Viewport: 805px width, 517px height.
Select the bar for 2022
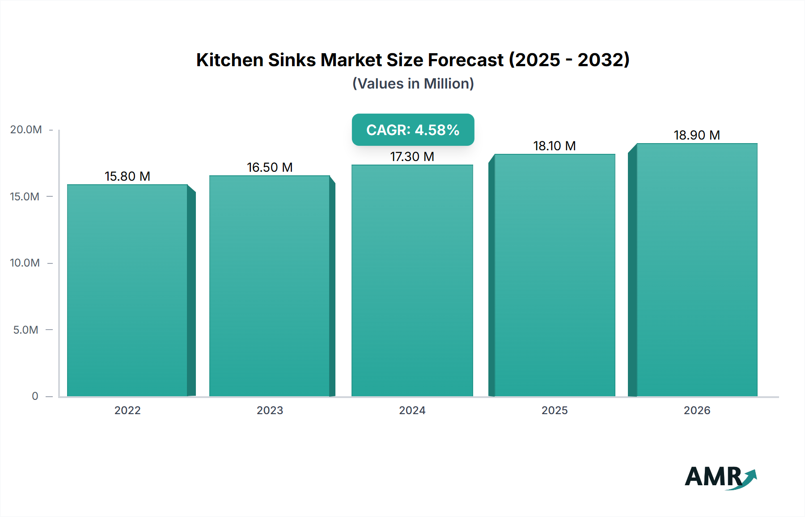[x=127, y=291]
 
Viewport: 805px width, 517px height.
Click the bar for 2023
[x=270, y=286]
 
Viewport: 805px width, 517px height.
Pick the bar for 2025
[x=555, y=275]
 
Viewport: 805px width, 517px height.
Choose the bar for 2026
[x=697, y=270]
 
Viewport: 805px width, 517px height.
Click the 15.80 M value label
[x=127, y=176]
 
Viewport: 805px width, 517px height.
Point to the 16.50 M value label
[x=270, y=167]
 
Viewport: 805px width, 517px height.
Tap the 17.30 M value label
[x=412, y=157]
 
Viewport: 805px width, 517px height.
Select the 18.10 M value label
[x=555, y=146]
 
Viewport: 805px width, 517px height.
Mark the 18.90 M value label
[x=697, y=135]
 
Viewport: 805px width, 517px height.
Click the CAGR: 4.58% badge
[x=413, y=130]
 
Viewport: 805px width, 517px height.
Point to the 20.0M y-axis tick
[x=26, y=130]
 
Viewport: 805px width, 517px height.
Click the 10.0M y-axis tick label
[x=25, y=263]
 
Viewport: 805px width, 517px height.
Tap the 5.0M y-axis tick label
[x=26, y=330]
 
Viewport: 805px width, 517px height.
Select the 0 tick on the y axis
[x=35, y=396]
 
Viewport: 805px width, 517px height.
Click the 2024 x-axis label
[x=412, y=410]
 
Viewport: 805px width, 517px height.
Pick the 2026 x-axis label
[x=697, y=410]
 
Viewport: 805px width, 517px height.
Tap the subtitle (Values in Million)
[x=413, y=84]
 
